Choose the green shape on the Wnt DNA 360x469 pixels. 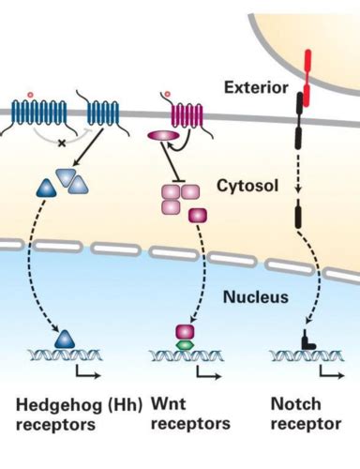coord(184,344)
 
